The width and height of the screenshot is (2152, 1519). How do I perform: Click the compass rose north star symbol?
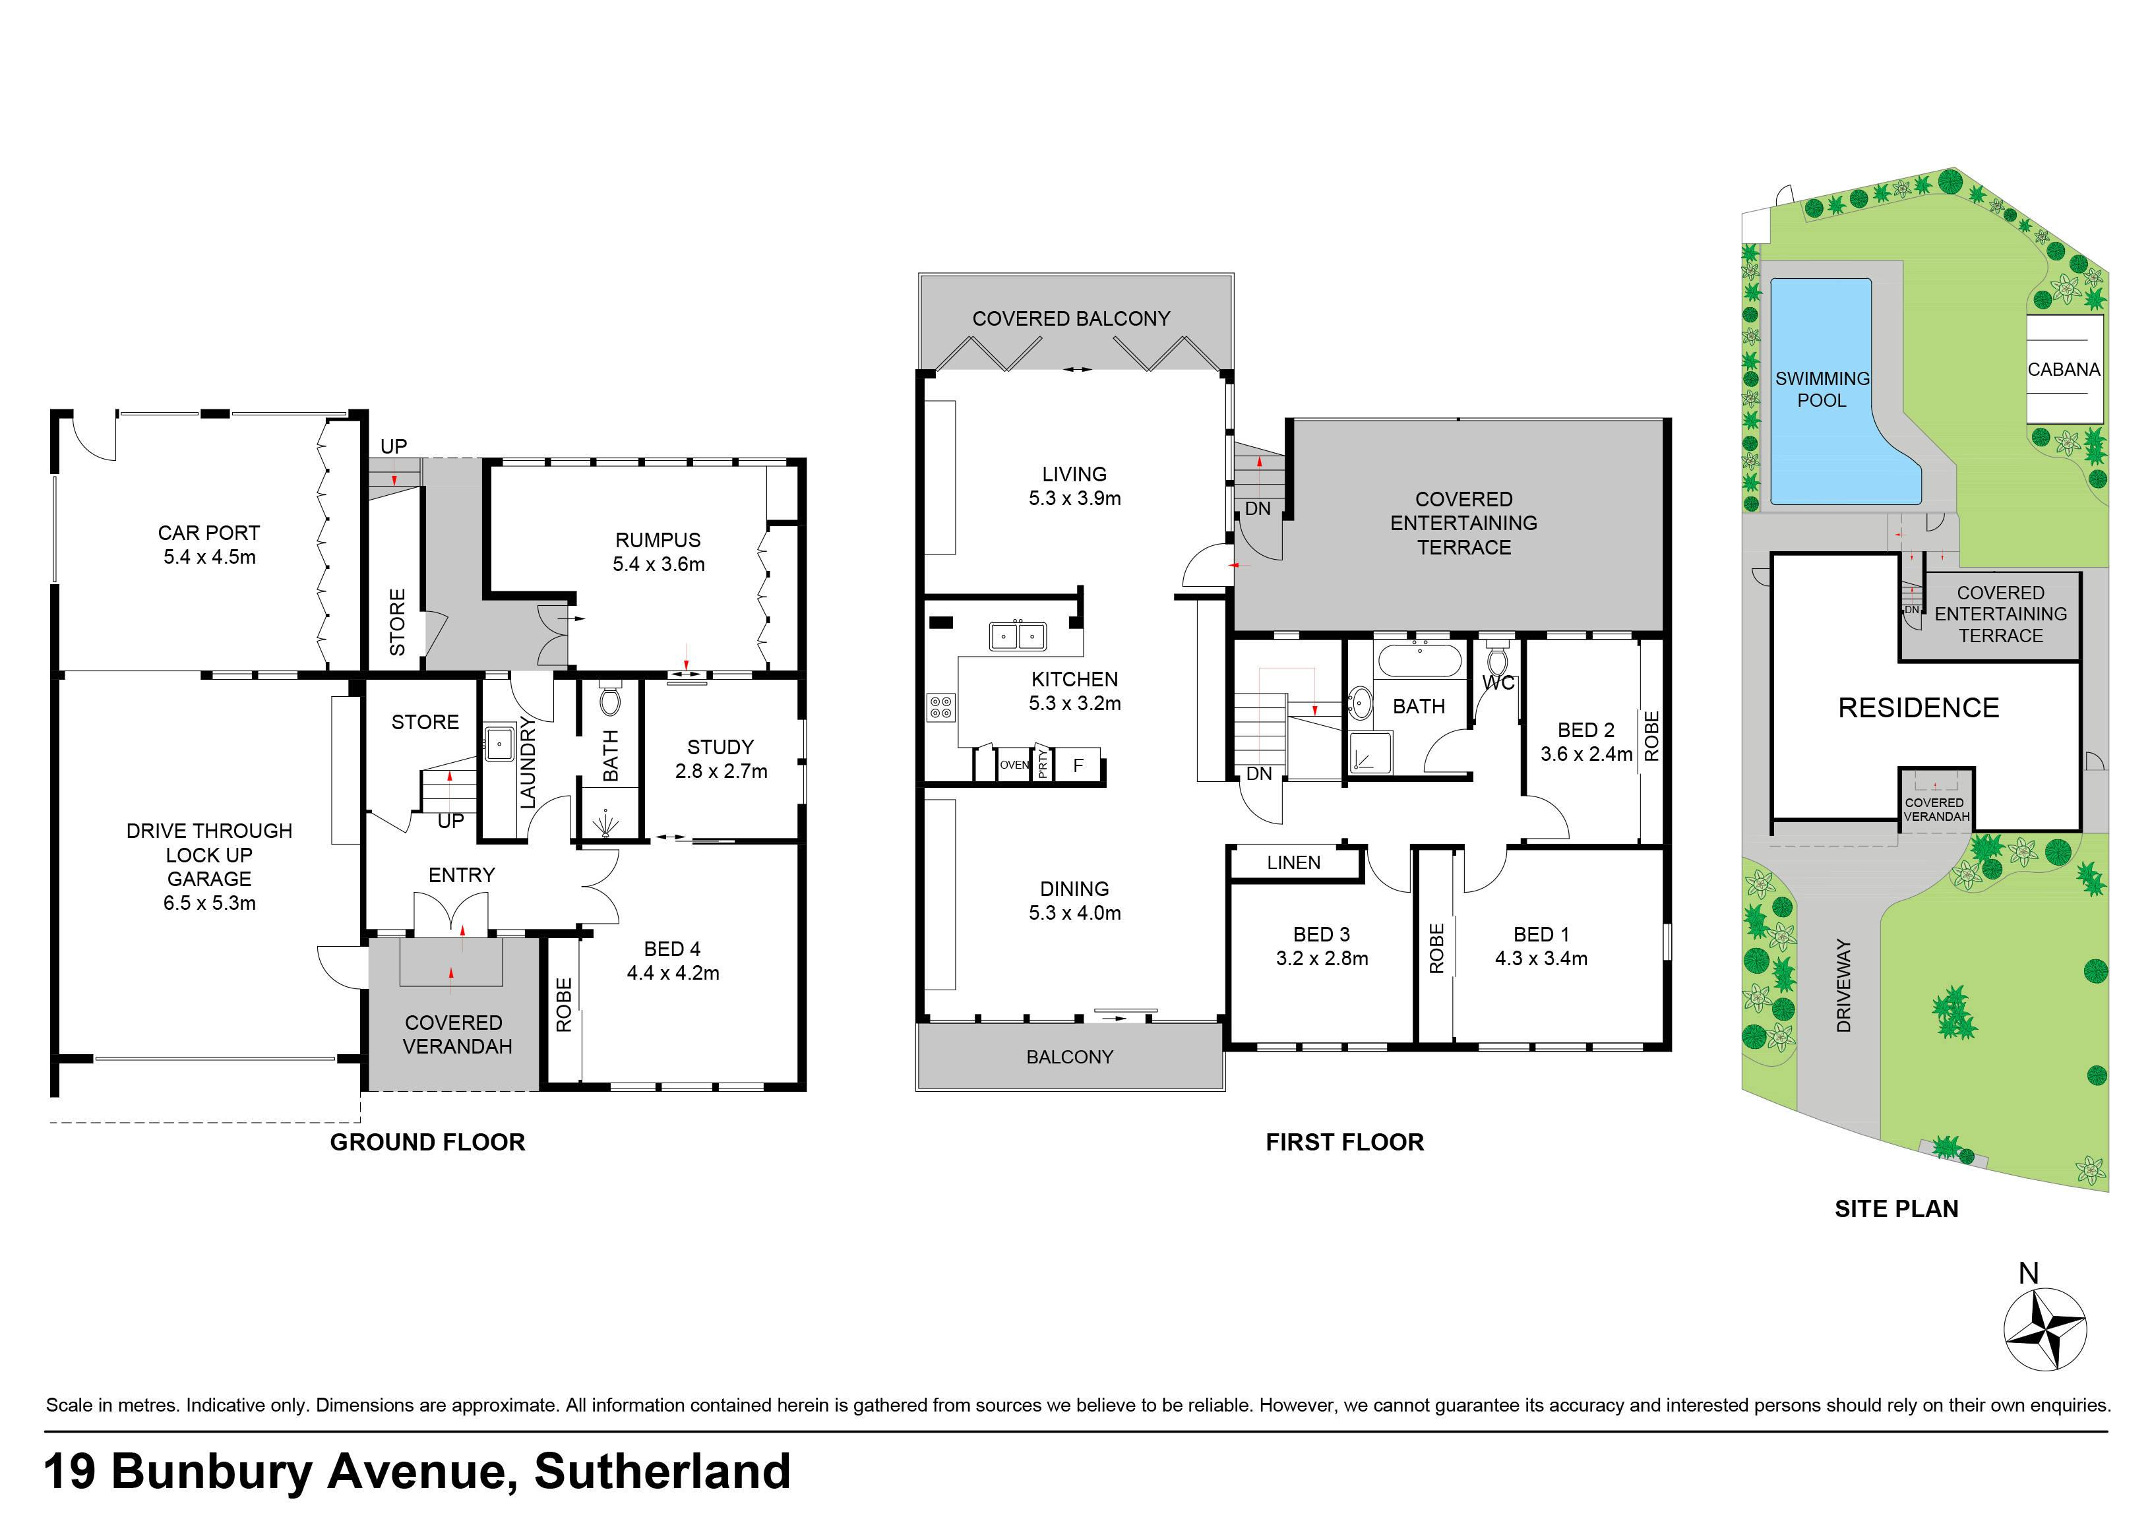tap(2044, 1328)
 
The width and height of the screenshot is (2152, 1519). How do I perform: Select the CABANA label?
tap(2064, 370)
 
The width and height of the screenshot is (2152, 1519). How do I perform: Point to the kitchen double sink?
tap(1018, 636)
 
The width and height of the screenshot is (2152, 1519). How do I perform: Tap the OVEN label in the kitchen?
tap(1014, 765)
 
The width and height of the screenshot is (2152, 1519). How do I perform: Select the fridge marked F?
tap(1078, 765)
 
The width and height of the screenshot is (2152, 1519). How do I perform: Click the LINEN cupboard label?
tap(1293, 863)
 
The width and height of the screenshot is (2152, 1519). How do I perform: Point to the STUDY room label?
tap(720, 747)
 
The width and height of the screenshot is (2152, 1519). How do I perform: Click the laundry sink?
tap(499, 743)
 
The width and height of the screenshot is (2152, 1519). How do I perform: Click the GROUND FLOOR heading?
tap(427, 1143)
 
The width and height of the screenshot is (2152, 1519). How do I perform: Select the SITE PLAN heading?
tap(1896, 1209)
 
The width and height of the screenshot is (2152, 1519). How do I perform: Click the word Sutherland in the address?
tap(661, 1472)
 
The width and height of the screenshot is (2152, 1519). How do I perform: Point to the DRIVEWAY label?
tap(1843, 985)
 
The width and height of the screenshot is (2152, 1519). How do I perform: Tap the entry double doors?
tap(451, 912)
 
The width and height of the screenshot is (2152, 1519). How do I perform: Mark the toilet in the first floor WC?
tap(1497, 658)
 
